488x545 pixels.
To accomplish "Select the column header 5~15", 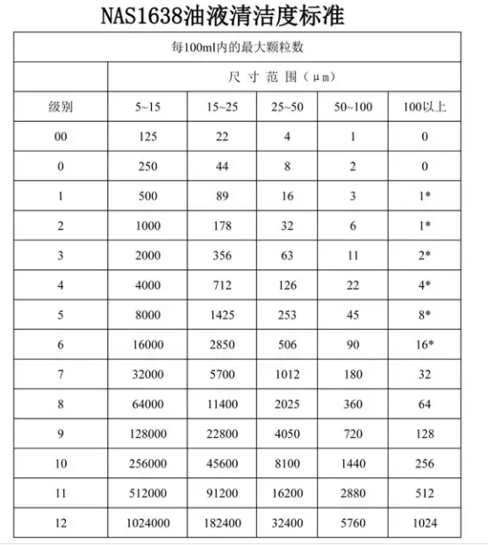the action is click(147, 107).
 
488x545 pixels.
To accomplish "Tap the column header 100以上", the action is click(425, 107).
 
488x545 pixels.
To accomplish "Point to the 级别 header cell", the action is click(61, 107).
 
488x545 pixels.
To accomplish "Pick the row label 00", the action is click(61, 137).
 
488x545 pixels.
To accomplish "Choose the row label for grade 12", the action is click(61, 525).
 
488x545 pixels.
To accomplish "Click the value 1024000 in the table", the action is click(147, 525).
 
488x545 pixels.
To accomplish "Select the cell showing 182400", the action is click(221, 525).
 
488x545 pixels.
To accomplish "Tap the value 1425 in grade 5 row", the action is click(221, 316).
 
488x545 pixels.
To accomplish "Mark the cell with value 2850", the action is click(221, 346).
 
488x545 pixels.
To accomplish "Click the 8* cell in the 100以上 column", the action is click(425, 316).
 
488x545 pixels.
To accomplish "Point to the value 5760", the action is click(353, 525).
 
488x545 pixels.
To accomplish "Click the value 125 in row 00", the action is click(147, 137).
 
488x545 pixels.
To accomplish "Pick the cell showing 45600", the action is click(221, 465).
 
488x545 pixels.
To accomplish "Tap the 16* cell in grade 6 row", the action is click(425, 346).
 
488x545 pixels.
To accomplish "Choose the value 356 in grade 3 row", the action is click(221, 255).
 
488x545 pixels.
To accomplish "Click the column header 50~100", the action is click(353, 107).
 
